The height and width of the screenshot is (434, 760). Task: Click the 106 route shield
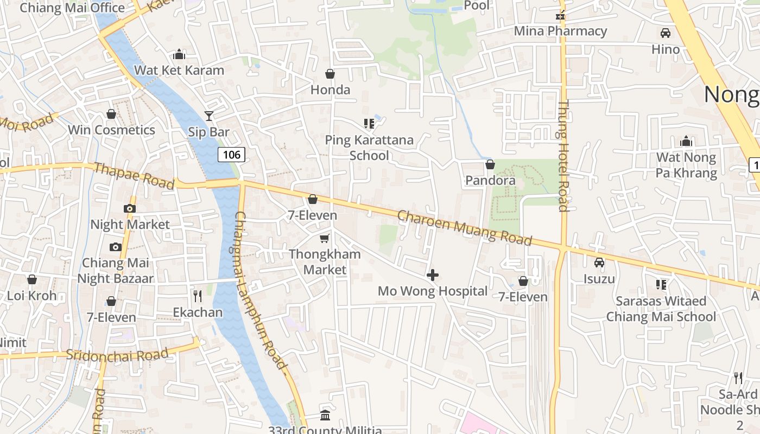(x=232, y=155)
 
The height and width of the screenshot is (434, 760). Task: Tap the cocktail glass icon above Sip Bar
(x=209, y=116)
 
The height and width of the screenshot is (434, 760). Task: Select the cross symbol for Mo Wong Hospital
(x=433, y=275)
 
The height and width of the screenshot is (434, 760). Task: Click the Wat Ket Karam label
(x=179, y=70)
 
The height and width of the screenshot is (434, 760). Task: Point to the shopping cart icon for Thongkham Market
(x=325, y=238)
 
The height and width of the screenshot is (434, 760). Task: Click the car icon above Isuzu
(x=599, y=263)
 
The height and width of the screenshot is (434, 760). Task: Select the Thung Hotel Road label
(x=563, y=156)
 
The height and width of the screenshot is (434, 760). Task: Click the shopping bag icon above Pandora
(x=490, y=164)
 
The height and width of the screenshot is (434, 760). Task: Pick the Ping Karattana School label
(x=369, y=148)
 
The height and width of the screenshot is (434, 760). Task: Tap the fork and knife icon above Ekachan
(x=198, y=296)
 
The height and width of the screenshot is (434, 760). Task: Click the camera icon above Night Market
(x=129, y=208)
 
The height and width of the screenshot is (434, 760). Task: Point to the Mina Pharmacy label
(x=560, y=31)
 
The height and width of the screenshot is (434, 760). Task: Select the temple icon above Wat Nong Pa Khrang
(x=686, y=142)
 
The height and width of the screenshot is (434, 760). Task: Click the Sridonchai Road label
(x=117, y=355)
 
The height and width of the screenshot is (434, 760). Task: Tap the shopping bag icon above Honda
(x=330, y=74)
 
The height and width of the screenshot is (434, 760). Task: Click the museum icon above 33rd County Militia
(x=325, y=416)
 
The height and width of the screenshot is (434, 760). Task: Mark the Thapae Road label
(x=134, y=175)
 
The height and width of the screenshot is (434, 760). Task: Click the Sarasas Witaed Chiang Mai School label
(x=661, y=309)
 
